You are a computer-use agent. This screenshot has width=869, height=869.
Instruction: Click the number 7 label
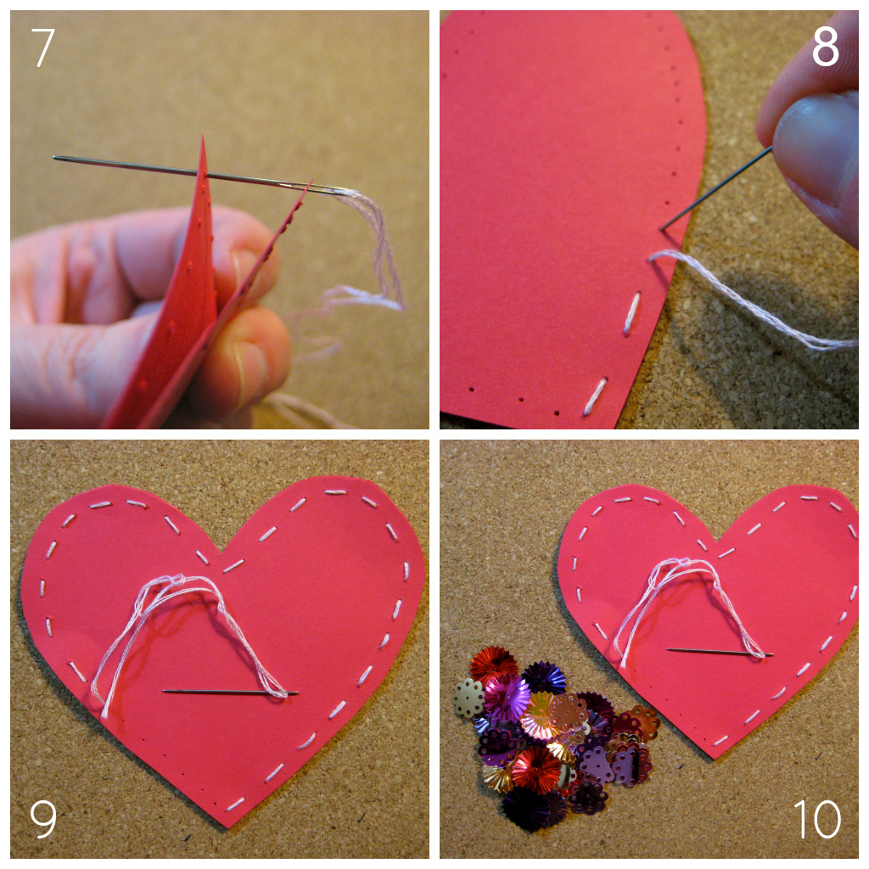(43, 48)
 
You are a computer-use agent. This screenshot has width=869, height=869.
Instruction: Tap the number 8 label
(825, 48)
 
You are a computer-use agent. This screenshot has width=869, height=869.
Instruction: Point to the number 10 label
(816, 819)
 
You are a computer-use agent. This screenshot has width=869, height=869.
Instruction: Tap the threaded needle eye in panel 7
(336, 191)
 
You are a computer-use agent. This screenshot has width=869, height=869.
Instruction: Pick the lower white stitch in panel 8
(595, 396)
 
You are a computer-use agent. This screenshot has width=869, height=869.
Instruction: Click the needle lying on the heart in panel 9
(229, 692)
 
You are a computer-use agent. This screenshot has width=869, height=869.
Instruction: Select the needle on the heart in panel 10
(717, 652)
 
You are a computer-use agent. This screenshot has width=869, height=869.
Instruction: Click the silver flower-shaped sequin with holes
(468, 698)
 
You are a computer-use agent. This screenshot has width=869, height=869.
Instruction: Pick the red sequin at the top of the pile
(493, 662)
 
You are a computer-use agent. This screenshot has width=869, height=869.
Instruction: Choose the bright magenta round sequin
(507, 698)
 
